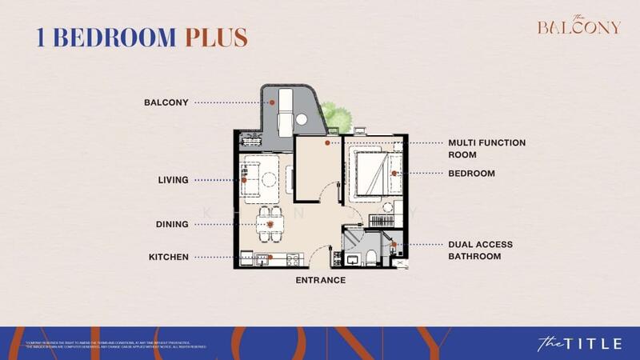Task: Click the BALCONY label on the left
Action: tap(166, 102)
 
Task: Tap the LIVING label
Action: tap(173, 180)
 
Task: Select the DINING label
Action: tap(172, 225)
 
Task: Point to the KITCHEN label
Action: tap(168, 257)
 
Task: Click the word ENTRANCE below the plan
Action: tap(321, 280)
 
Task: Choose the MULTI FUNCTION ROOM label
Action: tap(486, 148)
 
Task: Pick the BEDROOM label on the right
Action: tap(471, 173)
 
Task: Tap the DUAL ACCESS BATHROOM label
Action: tap(481, 250)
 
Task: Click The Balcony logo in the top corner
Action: tap(578, 26)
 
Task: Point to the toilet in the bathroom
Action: tap(373, 255)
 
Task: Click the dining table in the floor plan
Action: tap(270, 223)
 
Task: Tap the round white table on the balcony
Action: tap(302, 119)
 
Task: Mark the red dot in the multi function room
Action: tap(327, 143)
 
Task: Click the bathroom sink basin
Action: tap(352, 258)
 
